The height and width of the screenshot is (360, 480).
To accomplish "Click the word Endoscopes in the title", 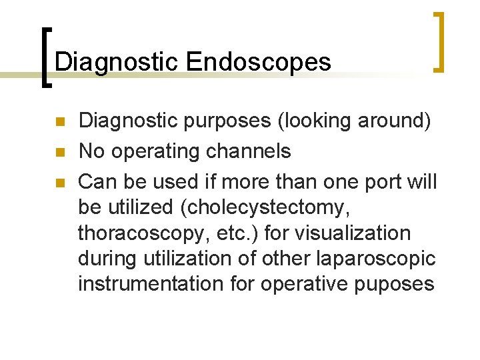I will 259,62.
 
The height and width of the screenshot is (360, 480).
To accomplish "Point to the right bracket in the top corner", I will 439,41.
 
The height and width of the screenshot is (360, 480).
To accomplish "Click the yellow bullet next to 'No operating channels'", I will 59,153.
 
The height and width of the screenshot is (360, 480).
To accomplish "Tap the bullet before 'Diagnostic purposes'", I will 59,123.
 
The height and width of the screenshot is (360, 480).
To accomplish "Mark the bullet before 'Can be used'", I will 59,182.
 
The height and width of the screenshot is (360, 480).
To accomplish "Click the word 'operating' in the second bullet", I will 157,151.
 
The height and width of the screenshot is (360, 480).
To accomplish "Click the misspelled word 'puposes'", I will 396,284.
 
